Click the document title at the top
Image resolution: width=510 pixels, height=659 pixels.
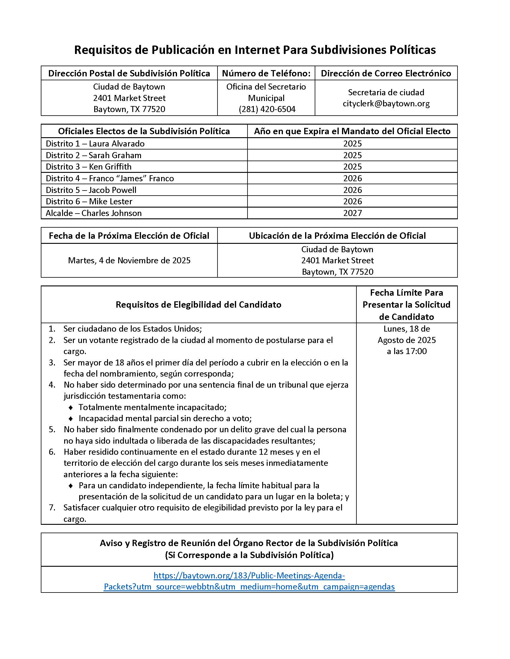[255, 50]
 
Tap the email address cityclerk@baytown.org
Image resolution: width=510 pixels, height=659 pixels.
[386, 104]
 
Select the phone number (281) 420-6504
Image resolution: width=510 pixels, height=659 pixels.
[267, 109]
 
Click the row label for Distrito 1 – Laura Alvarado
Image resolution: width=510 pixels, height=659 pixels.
[95, 143]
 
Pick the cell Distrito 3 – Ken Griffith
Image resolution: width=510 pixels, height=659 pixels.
[88, 167]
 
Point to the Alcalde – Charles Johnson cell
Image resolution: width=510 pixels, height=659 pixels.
[94, 213]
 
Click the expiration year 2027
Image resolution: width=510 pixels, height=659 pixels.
[352, 213]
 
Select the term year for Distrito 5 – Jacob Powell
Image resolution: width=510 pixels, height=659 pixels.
[352, 190]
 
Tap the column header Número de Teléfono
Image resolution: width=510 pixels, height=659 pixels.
[266, 73]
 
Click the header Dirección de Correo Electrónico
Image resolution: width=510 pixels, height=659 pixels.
[386, 73]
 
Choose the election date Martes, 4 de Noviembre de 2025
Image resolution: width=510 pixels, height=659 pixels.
[129, 260]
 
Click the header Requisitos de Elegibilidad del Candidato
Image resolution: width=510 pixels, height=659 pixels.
[198, 304]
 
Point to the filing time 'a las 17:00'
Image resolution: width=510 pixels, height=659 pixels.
[407, 351]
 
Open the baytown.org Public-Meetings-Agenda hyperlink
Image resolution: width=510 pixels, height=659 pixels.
[249, 581]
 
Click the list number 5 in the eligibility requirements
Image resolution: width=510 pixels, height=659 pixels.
[52, 429]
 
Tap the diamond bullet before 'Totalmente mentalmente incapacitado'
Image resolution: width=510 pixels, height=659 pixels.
[71, 408]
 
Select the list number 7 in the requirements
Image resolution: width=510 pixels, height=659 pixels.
[52, 507]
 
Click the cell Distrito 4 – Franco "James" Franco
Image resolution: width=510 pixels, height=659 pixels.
[110, 178]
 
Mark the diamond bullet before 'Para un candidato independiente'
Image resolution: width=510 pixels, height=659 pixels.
[71, 486]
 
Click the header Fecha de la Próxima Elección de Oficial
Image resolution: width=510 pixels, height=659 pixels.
[129, 236]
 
